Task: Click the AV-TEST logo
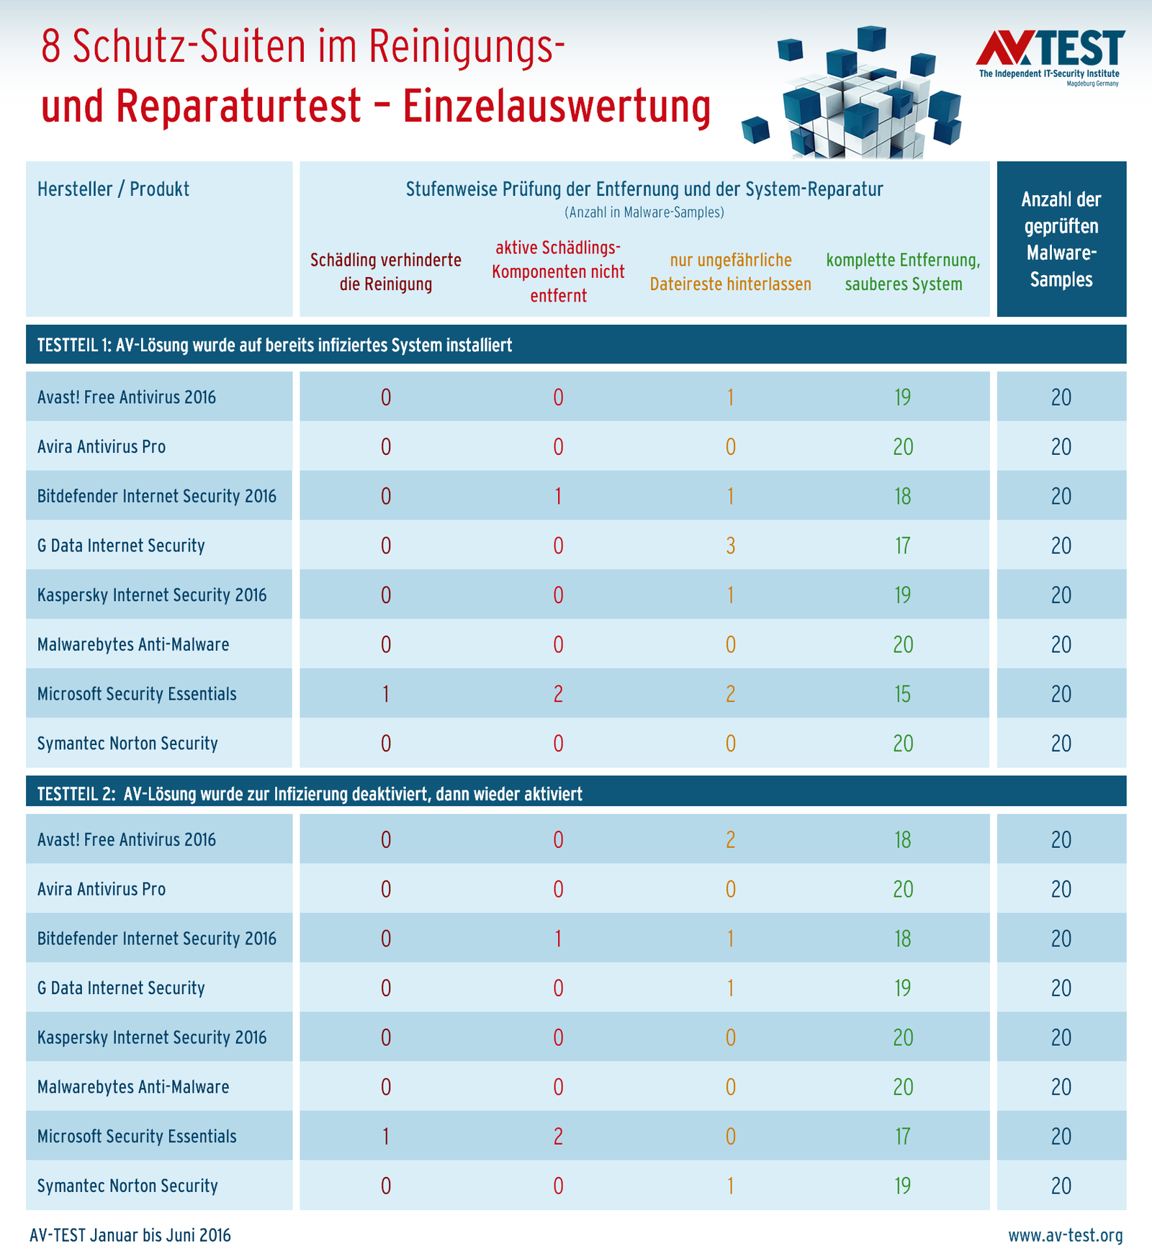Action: click(1050, 57)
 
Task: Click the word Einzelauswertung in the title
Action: click(557, 105)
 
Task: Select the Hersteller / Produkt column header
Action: click(113, 189)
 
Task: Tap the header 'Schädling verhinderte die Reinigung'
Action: click(386, 272)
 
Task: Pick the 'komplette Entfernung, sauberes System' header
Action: click(903, 272)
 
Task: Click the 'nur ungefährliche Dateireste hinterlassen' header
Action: click(730, 272)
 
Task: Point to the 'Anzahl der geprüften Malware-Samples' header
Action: click(1061, 239)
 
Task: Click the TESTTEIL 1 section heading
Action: click(274, 346)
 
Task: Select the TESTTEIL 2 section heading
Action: click(310, 794)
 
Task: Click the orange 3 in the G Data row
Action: click(730, 546)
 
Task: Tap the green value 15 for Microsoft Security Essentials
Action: click(903, 694)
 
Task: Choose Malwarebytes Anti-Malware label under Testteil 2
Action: click(133, 1087)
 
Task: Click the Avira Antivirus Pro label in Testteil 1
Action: click(102, 447)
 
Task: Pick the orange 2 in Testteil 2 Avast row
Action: click(730, 840)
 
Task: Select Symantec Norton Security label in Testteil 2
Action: click(127, 1186)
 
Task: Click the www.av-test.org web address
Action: click(1065, 1235)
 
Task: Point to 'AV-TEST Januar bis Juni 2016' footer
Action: click(130, 1235)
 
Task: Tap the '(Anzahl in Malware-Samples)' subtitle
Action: click(644, 212)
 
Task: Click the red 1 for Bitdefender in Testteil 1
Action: click(558, 497)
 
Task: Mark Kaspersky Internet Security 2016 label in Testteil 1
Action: click(152, 595)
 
